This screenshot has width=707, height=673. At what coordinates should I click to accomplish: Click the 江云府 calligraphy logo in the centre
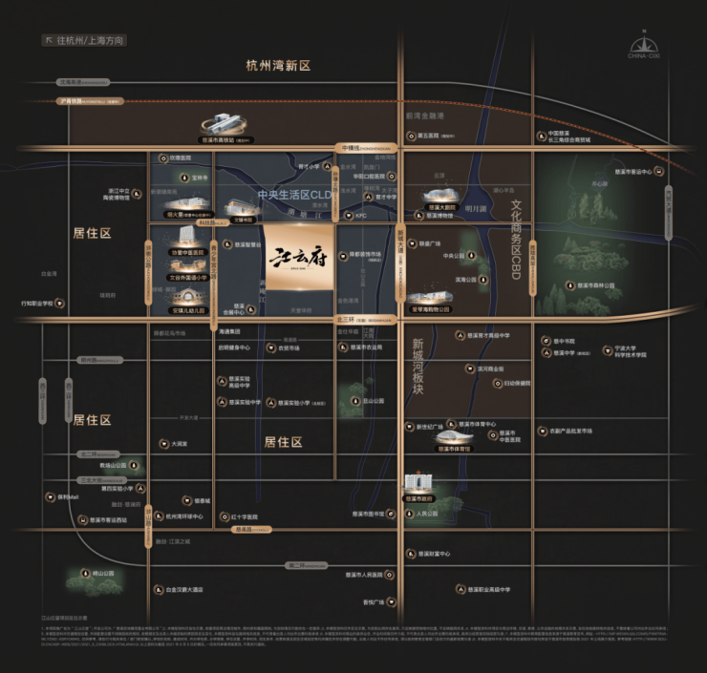click(x=299, y=260)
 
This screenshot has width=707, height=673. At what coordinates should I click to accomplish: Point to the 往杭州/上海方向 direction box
click(x=84, y=41)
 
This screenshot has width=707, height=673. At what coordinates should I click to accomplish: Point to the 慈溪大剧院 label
click(x=440, y=205)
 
